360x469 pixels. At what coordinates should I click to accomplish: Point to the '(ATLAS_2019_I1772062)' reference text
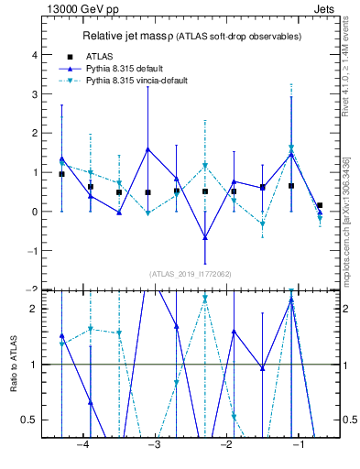(x=189, y=273)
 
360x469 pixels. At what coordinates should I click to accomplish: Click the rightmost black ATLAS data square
(x=319, y=205)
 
